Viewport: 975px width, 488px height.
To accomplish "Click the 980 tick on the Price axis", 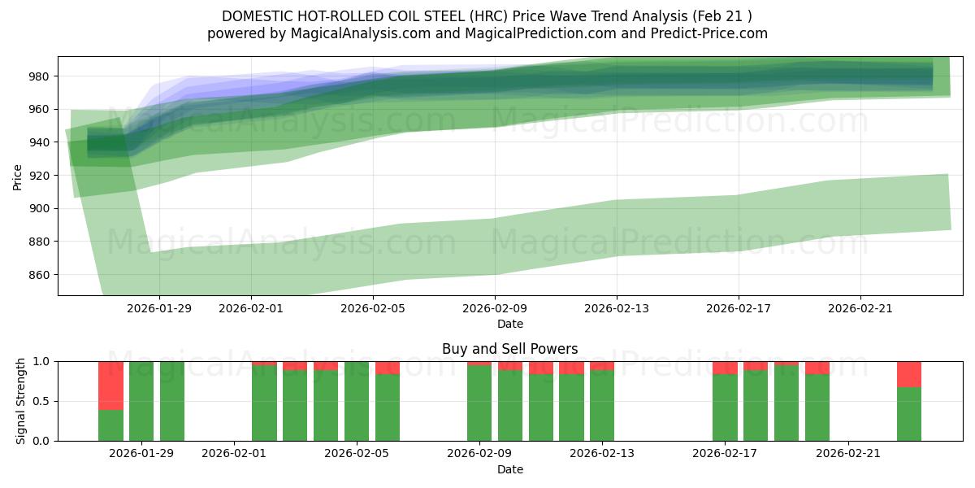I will tap(40, 76).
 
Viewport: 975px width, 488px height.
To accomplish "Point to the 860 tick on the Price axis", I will tap(40, 275).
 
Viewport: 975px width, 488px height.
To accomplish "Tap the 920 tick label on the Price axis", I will tap(40, 176).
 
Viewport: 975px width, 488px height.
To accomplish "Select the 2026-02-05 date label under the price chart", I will tap(372, 308).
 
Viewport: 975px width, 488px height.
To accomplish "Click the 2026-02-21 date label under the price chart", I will tap(860, 308).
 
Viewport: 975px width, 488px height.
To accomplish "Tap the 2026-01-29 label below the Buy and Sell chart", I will tap(141, 454).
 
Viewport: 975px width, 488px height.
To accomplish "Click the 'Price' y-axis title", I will tap(18, 176).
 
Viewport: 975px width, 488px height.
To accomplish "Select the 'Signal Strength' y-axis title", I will tap(21, 401).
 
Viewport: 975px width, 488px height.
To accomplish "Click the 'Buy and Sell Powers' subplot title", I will tap(509, 349).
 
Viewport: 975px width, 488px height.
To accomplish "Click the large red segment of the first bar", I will tap(110, 385).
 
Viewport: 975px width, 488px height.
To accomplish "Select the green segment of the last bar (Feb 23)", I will tap(909, 414).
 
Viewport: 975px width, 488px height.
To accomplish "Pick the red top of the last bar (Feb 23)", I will tap(909, 374).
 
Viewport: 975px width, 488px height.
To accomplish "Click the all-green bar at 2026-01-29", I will tap(141, 401).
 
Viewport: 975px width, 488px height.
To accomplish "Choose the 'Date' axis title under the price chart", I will tap(509, 324).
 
